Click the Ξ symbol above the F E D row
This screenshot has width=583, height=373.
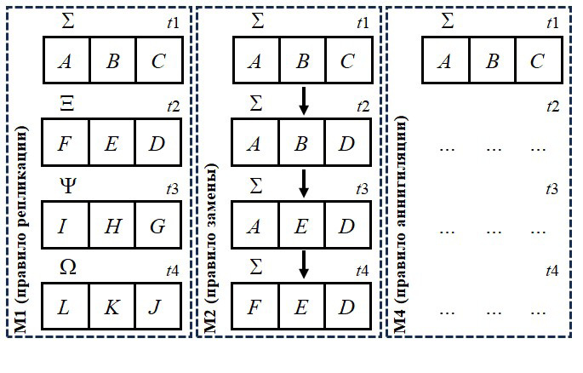click(x=67, y=103)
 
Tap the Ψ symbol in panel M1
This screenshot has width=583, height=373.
click(x=67, y=183)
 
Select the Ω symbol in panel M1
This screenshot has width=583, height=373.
click(x=67, y=266)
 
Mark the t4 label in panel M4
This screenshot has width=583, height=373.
click(x=552, y=271)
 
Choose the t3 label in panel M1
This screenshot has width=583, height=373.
click(x=173, y=188)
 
